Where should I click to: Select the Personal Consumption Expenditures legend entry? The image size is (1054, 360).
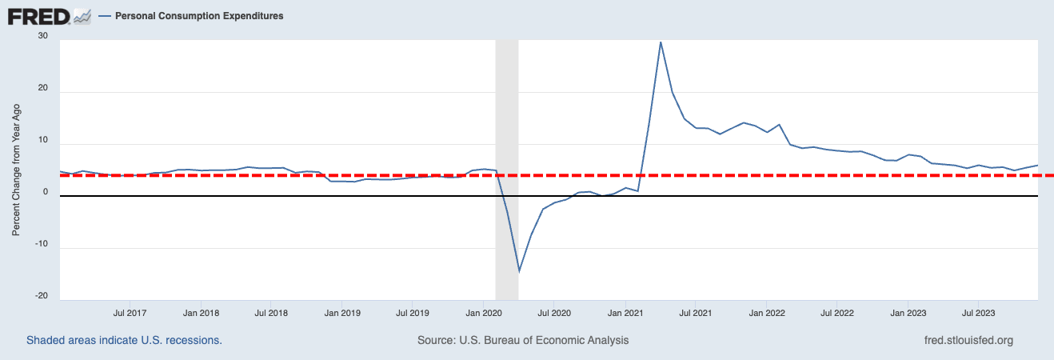point(198,16)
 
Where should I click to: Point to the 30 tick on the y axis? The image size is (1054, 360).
point(42,37)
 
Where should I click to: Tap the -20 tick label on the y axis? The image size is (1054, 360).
point(40,296)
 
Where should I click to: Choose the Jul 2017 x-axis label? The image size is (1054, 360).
point(130,313)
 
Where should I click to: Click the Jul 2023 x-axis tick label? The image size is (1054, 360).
point(977,313)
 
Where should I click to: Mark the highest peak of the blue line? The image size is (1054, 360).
point(661,42)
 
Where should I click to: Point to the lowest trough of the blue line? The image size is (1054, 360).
point(519,271)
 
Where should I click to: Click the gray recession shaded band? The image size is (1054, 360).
point(507,120)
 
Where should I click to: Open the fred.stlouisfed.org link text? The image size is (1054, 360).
point(968,340)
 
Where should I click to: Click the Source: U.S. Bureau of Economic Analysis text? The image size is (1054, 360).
point(523,340)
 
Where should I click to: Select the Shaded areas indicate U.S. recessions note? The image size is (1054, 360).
point(124,340)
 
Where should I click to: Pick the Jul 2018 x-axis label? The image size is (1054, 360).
point(272,313)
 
